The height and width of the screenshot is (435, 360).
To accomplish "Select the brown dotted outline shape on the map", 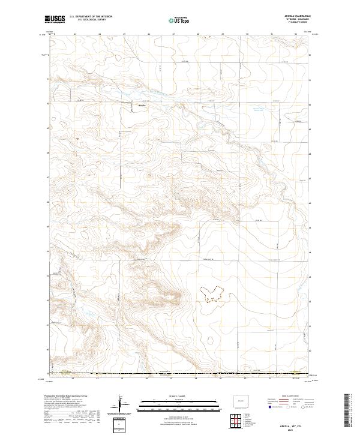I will [x=213, y=293].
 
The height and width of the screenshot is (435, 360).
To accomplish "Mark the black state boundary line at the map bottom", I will [x=180, y=374].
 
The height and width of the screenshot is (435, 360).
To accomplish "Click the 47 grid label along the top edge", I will [x=173, y=34].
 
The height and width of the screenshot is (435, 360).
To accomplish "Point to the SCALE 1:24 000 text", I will [x=179, y=396].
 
